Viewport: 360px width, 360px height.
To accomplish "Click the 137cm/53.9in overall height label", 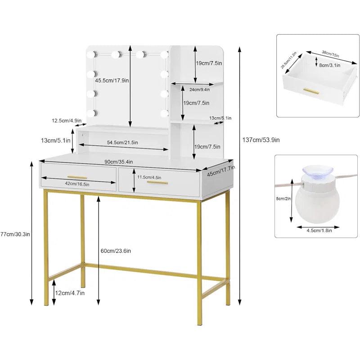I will (x=261, y=140).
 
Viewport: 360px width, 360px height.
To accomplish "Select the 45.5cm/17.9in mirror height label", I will (x=112, y=81).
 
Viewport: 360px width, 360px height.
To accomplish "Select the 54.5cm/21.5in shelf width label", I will (x=122, y=143).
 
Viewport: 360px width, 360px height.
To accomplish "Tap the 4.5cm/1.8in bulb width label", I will (x=317, y=230).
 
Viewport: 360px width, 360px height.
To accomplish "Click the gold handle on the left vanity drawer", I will (x=77, y=177).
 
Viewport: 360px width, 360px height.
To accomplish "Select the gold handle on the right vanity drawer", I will (x=157, y=182).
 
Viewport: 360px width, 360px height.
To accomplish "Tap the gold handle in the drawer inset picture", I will (x=311, y=92).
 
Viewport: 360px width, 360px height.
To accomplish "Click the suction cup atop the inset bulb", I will (x=317, y=171).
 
